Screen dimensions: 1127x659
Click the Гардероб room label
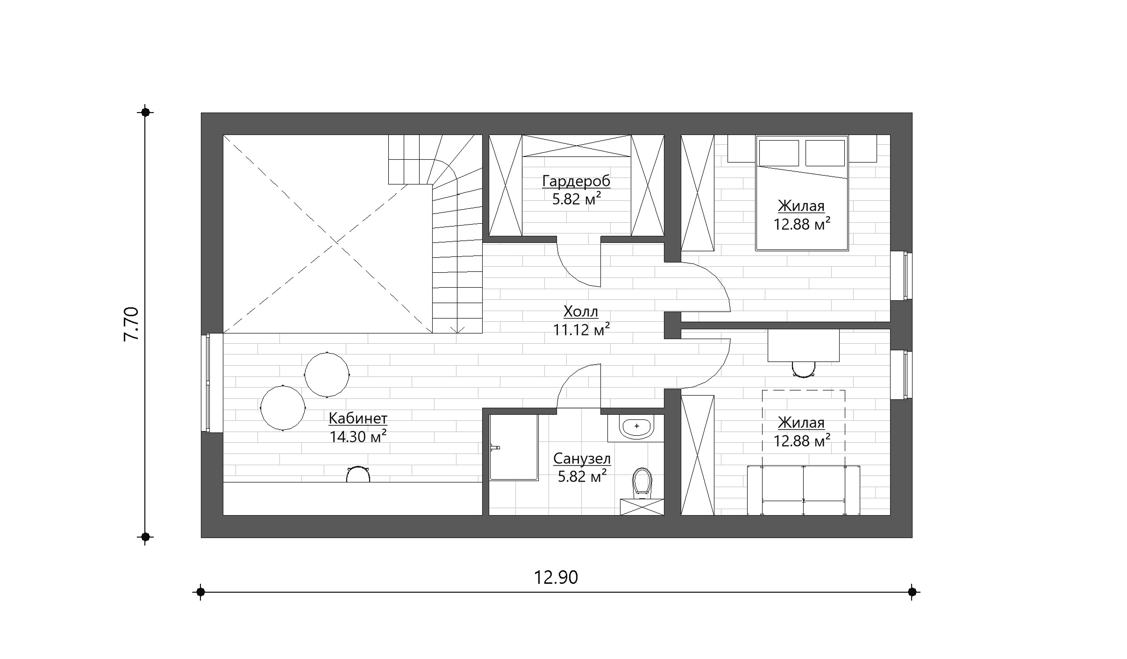(x=576, y=181)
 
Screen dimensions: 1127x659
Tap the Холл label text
(x=581, y=311)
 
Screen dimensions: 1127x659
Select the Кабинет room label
(x=358, y=418)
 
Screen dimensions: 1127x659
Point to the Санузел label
(x=582, y=459)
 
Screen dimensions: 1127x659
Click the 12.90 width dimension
(x=556, y=578)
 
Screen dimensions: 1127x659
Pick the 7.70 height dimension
(x=131, y=324)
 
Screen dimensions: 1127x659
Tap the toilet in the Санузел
(x=642, y=483)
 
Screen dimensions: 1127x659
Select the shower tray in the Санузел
(x=514, y=447)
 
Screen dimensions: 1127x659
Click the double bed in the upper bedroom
(x=802, y=193)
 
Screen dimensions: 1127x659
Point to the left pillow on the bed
(x=778, y=153)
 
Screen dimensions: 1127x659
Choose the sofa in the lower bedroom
(x=803, y=490)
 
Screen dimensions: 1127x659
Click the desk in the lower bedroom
(x=803, y=345)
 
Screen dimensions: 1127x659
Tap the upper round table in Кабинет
(x=327, y=375)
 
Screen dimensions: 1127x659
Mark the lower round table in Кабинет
(x=283, y=408)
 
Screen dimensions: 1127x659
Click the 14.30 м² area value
(x=358, y=437)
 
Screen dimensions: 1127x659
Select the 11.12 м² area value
(x=581, y=330)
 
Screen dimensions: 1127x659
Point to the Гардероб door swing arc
(x=573, y=271)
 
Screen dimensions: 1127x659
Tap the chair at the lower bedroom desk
(x=803, y=369)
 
